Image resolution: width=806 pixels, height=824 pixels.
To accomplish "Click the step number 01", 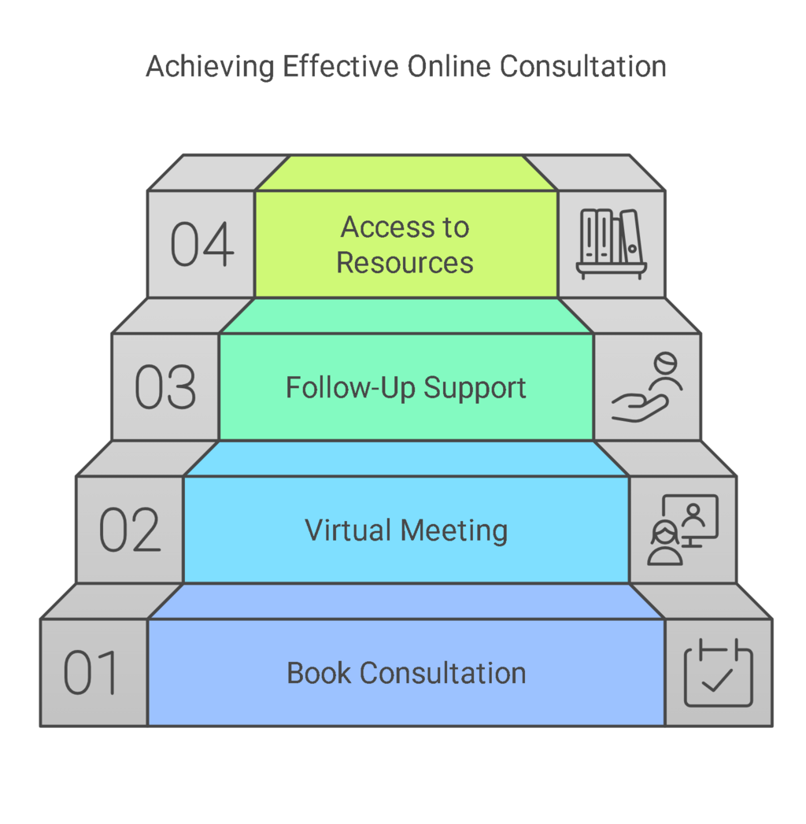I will point(91,673).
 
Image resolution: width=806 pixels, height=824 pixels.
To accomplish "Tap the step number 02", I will point(130,530).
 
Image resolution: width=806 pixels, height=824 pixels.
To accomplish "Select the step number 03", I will point(165,387).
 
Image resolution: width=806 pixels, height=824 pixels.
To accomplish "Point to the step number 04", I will point(202,245).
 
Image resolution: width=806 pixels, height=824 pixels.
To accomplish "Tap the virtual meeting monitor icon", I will point(682,530).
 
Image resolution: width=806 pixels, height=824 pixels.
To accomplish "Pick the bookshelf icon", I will point(612,244).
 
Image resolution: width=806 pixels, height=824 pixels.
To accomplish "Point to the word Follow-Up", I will point(350,388).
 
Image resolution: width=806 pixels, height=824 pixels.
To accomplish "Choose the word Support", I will point(475,389).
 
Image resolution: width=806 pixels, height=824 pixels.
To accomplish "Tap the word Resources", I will point(405,262).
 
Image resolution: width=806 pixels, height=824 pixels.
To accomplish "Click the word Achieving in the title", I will point(210,67).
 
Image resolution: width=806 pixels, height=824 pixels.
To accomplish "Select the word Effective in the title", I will point(342,67).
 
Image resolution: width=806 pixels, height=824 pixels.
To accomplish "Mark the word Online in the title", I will point(449,67).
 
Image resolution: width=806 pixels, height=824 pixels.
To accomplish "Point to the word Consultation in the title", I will point(582,67).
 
